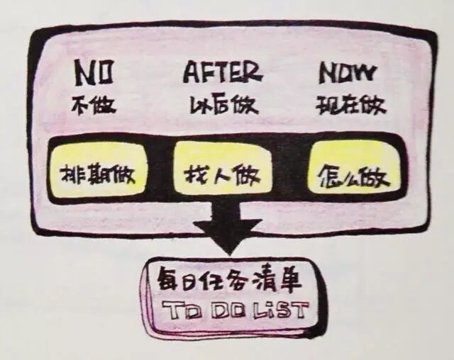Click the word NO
(x=94, y=74)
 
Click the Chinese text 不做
(x=94, y=106)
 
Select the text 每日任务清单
(x=230, y=281)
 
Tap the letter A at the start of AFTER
(x=191, y=72)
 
